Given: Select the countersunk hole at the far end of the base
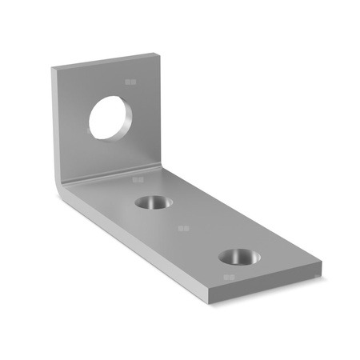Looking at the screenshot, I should point(238,257).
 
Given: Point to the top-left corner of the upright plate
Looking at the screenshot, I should point(54,70).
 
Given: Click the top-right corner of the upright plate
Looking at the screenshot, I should point(155,54).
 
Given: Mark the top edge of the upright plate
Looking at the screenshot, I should point(104,61).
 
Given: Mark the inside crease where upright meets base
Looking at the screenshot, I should point(120,178).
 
